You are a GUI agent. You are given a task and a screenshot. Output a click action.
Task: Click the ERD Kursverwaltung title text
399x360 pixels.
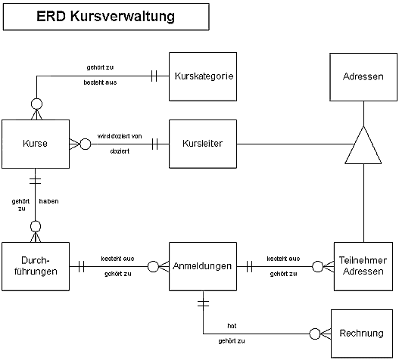[106, 17]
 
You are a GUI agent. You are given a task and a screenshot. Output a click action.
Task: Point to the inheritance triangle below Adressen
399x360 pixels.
[363, 145]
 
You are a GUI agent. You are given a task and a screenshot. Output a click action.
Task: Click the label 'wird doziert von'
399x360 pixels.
[120, 136]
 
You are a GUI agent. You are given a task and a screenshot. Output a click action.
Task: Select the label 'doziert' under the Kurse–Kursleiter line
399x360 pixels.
[120, 151]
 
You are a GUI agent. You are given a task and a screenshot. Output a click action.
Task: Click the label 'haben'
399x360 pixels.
[49, 201]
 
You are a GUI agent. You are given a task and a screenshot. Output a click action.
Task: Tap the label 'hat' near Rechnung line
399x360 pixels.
[232, 326]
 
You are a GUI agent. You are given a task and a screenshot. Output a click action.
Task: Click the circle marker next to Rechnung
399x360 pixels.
[315, 334]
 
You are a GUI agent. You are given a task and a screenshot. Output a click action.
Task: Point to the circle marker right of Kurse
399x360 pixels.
[86, 144]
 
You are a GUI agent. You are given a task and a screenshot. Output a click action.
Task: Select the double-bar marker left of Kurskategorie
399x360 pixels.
[154, 76]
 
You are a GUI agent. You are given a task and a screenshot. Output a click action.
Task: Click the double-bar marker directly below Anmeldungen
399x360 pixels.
[203, 303]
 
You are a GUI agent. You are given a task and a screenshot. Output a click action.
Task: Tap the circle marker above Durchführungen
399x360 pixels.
[36, 226]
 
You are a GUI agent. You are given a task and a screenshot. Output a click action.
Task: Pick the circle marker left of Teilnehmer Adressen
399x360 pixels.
[317, 267]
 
